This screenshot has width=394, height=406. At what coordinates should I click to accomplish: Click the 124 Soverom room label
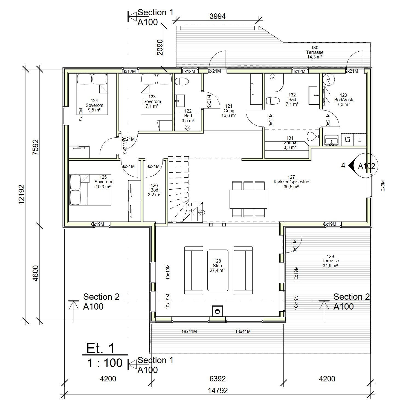(x=94, y=105)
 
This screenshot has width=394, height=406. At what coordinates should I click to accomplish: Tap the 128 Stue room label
(x=217, y=266)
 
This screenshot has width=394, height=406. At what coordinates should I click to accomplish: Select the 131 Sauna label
(x=290, y=143)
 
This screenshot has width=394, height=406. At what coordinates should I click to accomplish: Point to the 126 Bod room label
(x=154, y=190)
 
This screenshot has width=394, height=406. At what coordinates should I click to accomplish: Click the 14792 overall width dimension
(x=218, y=390)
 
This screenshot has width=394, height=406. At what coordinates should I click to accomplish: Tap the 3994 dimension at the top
(x=218, y=16)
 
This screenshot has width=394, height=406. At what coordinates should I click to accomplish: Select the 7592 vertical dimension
(x=36, y=147)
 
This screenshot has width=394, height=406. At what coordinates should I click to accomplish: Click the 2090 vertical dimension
(x=160, y=47)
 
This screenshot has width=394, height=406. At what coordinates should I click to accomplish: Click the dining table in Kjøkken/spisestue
(x=248, y=199)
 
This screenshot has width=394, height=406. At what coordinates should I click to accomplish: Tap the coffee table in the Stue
(x=218, y=270)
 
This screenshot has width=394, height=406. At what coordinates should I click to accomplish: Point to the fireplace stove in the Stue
(x=218, y=311)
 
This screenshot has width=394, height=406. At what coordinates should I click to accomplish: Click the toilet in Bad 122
(x=181, y=82)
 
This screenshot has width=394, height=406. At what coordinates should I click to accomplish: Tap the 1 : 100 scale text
(x=105, y=363)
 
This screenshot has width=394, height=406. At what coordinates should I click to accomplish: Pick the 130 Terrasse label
(x=315, y=52)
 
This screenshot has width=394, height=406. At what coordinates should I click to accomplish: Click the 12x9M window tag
(x=383, y=187)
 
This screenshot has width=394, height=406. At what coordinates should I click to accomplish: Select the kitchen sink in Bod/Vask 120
(x=331, y=140)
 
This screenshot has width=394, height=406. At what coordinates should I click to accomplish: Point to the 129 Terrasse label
(x=330, y=261)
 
